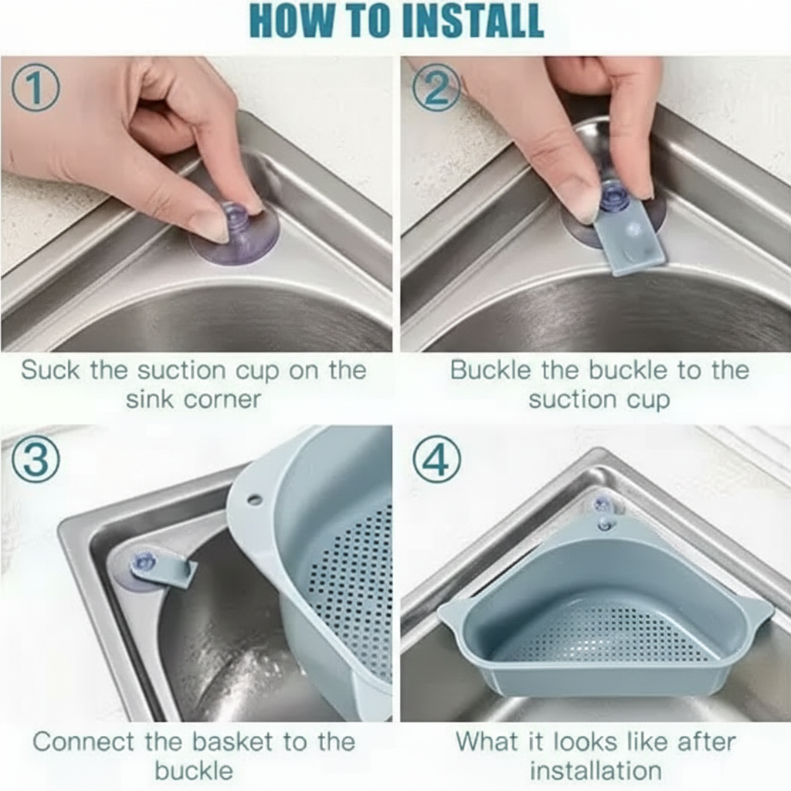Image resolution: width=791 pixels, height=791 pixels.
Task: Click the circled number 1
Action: [x=35, y=88]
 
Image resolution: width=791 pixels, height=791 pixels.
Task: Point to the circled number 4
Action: [x=436, y=461]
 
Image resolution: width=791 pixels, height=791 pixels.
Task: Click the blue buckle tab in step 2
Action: [x=630, y=243]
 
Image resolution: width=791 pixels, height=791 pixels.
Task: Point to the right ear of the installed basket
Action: [x=757, y=610]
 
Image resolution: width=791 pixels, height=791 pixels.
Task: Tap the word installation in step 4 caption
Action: [x=596, y=770]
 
